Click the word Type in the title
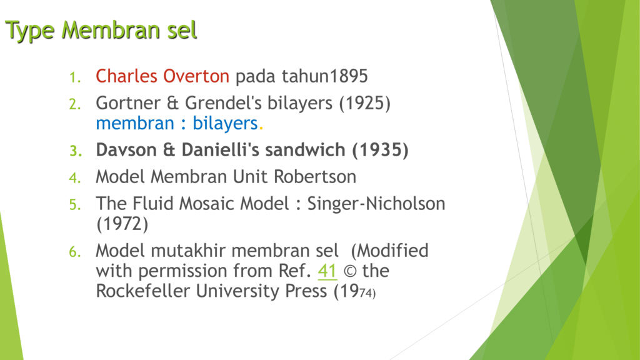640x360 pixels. point(30,31)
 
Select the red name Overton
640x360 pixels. point(196,76)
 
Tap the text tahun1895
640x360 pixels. point(325,76)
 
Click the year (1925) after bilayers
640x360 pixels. point(365,103)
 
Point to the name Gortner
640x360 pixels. point(128,103)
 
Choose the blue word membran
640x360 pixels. point(135,123)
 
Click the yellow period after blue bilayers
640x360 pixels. point(261,128)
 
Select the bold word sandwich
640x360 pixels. point(305,150)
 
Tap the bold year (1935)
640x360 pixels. point(381,150)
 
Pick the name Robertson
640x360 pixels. point(315,177)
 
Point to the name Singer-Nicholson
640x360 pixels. point(376,204)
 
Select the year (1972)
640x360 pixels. point(122,224)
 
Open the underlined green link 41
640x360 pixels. point(327,271)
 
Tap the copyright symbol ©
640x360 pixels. point(350,271)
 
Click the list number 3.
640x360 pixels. point(76,151)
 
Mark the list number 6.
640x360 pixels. point(75,252)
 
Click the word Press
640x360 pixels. point(306,291)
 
